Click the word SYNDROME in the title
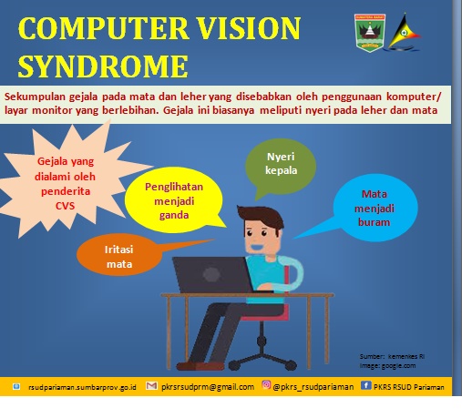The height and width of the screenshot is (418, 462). pyautogui.click(x=103, y=66)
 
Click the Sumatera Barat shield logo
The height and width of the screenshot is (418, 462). pyautogui.click(x=370, y=33)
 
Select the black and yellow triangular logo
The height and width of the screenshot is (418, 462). pyautogui.click(x=403, y=32)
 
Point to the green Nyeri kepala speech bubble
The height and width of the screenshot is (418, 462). pyautogui.click(x=281, y=166)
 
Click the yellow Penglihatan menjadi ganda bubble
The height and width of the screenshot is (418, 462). pyautogui.click(x=174, y=200)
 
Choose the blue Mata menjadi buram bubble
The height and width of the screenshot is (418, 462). pyautogui.click(x=375, y=208)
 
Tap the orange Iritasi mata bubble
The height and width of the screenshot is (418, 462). pyautogui.click(x=119, y=255)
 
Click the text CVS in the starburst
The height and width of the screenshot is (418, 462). pyautogui.click(x=65, y=206)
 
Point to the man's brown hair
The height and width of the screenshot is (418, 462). pyautogui.click(x=261, y=216)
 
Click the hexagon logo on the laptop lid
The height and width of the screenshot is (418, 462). pyautogui.click(x=211, y=274)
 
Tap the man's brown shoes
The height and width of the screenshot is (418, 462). pyautogui.click(x=200, y=365)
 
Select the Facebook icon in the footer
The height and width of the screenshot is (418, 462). pyautogui.click(x=365, y=385)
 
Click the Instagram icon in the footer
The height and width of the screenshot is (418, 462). pyautogui.click(x=266, y=384)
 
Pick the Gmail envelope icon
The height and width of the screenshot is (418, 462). pyautogui.click(x=151, y=385)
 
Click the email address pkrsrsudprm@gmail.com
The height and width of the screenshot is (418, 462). pyautogui.click(x=208, y=387)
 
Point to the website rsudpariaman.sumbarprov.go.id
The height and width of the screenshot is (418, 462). pyautogui.click(x=82, y=387)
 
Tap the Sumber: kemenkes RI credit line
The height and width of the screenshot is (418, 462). pyautogui.click(x=392, y=356)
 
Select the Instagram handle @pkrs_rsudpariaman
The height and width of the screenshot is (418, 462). pyautogui.click(x=313, y=387)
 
